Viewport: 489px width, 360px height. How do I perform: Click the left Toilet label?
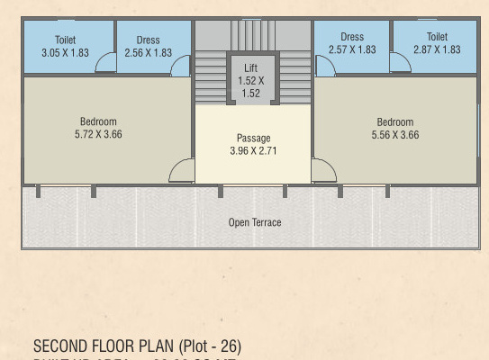coord(65,40)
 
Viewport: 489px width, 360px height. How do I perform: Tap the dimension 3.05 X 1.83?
coord(65,53)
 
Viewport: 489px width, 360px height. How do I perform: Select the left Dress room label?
coord(148,40)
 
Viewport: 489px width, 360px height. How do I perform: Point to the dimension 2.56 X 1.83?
coord(148,53)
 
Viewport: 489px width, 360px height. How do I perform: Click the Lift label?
coord(251,67)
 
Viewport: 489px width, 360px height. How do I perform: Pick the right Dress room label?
coord(352,38)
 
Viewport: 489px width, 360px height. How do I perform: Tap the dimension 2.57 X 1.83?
coord(352,49)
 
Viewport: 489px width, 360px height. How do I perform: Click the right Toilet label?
coord(437,38)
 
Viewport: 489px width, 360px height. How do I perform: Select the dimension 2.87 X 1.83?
coord(437,49)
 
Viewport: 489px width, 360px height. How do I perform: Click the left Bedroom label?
coord(98,122)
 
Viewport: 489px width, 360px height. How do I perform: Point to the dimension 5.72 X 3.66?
coord(98,135)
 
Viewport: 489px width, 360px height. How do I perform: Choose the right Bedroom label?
coord(395,122)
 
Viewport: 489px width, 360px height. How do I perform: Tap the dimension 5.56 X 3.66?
coord(395,135)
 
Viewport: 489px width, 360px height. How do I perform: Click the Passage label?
coord(253,138)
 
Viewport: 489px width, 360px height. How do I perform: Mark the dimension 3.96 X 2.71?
coord(253,150)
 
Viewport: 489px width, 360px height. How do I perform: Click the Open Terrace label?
coord(255,222)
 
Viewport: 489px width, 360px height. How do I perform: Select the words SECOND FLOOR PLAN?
coord(104,346)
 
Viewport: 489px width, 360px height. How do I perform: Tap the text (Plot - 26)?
coord(210,346)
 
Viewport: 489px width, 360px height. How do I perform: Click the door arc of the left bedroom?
coord(183,171)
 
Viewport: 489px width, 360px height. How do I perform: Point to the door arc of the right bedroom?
coord(323,170)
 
